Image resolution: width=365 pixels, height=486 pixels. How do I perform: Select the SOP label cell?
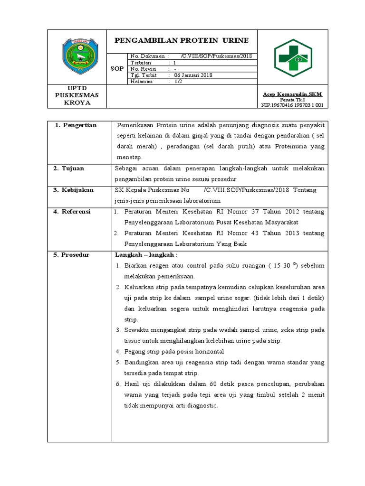(x=117, y=69)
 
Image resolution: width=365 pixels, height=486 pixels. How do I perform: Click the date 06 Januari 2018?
(x=193, y=75)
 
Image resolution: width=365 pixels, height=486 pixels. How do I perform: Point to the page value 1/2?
(x=178, y=81)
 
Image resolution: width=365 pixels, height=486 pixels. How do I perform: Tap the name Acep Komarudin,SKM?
(x=292, y=93)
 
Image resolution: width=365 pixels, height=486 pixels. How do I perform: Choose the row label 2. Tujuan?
(x=70, y=168)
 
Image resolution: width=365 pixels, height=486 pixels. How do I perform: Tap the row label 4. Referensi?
(x=74, y=211)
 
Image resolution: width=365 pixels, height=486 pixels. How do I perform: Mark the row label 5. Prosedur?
(x=74, y=255)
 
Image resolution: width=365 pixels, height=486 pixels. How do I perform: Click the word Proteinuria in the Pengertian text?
(x=292, y=147)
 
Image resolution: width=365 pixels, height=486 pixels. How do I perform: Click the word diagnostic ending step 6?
(x=200, y=405)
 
